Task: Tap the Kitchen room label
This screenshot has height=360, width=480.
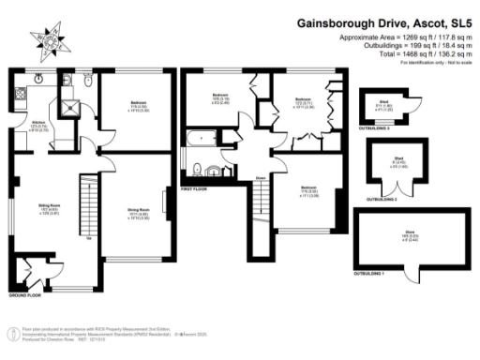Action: coord(38,126)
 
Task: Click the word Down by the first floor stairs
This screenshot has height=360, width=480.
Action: coord(259,175)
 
